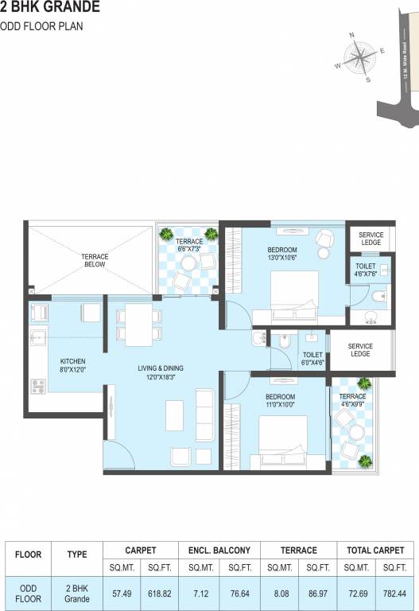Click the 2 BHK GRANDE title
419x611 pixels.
pyautogui.click(x=50, y=8)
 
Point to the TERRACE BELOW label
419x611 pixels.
pyautogui.click(x=95, y=260)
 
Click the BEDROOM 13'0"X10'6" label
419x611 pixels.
pyautogui.click(x=283, y=253)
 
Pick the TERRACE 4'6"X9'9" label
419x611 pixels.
pyautogui.click(x=352, y=401)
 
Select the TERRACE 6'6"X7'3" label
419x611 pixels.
pyautogui.click(x=189, y=245)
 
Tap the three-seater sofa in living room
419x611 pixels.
pyautogui.click(x=204, y=413)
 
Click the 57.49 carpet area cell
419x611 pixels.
pyautogui.click(x=122, y=593)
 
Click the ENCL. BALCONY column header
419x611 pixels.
pyautogui.click(x=219, y=550)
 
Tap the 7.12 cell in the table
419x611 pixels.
pyautogui.click(x=196, y=593)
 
